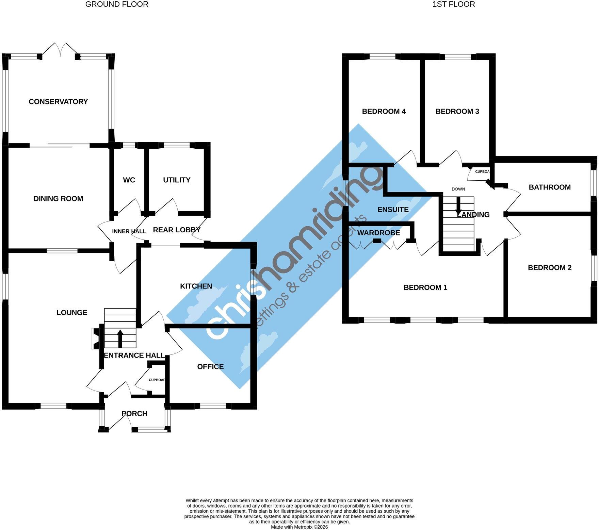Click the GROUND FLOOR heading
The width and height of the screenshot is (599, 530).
117,4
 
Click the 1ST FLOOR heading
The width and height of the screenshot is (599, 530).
454,4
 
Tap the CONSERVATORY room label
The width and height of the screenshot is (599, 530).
58,102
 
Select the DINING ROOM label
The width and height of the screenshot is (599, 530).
58,199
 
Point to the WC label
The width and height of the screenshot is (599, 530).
129,180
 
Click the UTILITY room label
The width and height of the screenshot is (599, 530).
177,180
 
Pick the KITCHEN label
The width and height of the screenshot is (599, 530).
196,286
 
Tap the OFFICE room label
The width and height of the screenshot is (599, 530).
210,366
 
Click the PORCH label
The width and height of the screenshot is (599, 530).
134,414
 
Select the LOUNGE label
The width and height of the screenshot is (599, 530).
72,313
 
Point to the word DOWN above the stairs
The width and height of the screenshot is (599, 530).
458,189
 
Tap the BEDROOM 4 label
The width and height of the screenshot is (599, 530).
384,111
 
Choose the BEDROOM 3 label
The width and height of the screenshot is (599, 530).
457,111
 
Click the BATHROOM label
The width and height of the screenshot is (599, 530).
550,187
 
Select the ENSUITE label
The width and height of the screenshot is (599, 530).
393,210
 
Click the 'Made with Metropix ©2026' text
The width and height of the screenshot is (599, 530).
299,527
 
